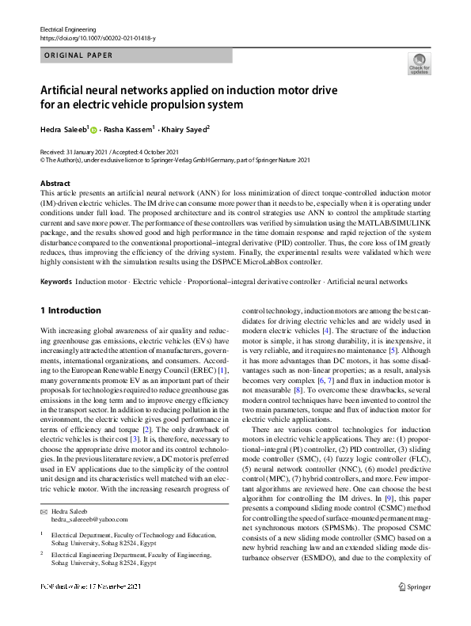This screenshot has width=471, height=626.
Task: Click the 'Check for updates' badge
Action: tap(419, 63)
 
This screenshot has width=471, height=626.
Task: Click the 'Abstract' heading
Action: tap(55, 183)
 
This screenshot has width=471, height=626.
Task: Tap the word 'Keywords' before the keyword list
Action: tap(55, 282)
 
